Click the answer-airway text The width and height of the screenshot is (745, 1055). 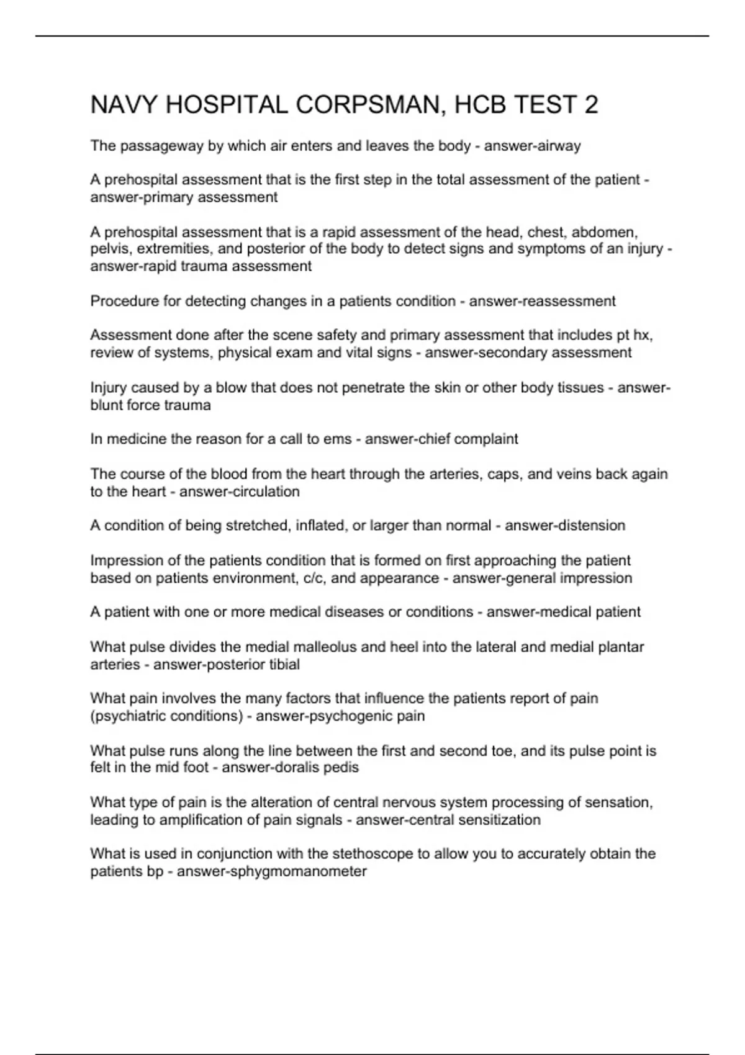tap(532, 146)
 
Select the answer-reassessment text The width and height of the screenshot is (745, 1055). tap(542, 301)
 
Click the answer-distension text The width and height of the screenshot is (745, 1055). tap(565, 525)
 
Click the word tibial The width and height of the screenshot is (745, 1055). tap(283, 664)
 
